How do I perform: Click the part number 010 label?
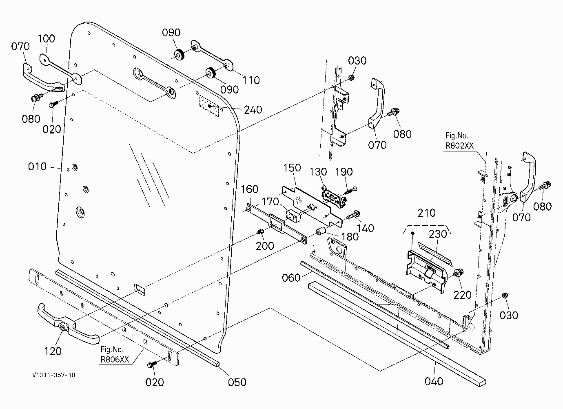coord(37,167)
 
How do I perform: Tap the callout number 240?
coord(253,110)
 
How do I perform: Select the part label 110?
coord(251,80)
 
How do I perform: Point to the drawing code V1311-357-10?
coord(54,375)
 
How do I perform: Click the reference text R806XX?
coord(115,360)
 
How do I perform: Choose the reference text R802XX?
coord(459,146)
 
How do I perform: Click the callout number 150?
coord(292,168)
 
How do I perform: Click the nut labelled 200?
coord(260,232)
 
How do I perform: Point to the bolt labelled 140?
coord(353,215)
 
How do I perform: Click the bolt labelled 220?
coord(458,273)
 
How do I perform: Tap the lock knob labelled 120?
coord(62,327)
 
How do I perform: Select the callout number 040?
coord(434,381)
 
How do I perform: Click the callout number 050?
coord(237,382)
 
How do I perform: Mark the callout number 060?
coord(291,278)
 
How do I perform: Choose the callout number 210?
coord(426,213)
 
